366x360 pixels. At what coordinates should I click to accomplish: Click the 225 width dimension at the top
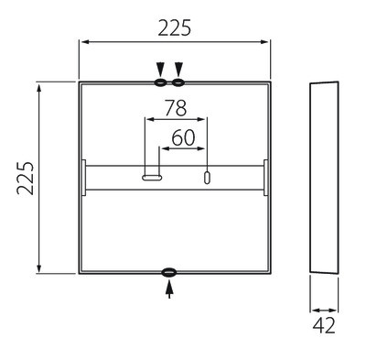click(x=175, y=27)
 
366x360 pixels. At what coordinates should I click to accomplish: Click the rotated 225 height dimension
click(x=26, y=179)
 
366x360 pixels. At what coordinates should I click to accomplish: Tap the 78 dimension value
click(x=176, y=108)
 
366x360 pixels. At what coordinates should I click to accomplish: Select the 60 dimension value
click(x=183, y=137)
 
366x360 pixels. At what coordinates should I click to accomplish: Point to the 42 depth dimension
click(x=324, y=325)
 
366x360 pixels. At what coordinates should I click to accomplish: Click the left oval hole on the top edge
click(x=160, y=82)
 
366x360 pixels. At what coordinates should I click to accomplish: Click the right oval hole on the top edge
click(x=178, y=82)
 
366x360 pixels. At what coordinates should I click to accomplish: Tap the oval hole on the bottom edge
click(x=169, y=272)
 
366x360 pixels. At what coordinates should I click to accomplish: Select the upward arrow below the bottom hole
click(x=169, y=289)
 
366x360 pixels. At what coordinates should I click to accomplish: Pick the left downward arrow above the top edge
click(x=160, y=70)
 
